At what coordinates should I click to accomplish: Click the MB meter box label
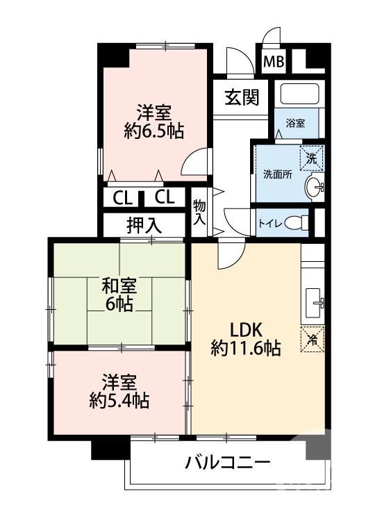274,61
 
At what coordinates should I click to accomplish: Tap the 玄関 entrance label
242,97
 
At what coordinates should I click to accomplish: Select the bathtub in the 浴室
299,94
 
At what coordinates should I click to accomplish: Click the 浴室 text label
295,123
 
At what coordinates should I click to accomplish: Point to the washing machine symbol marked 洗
311,159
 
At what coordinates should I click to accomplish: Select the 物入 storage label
199,213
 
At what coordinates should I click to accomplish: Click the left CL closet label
122,199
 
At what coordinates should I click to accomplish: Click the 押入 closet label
144,226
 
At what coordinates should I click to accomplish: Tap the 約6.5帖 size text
154,131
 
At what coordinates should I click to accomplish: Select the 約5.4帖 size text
119,401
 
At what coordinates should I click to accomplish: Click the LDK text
247,330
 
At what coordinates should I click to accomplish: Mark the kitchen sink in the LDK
313,303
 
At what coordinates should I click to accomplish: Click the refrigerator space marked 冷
313,339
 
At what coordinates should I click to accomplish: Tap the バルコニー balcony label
228,463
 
